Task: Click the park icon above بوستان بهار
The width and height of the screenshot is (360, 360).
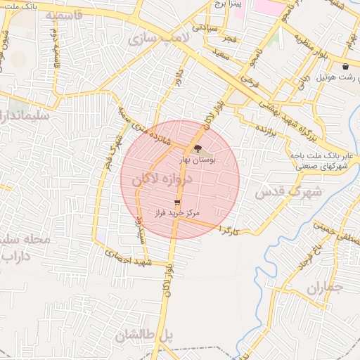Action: [x=196, y=149]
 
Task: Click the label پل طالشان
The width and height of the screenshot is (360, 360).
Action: [x=144, y=336]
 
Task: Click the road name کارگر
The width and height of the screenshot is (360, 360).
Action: [x=231, y=229]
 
